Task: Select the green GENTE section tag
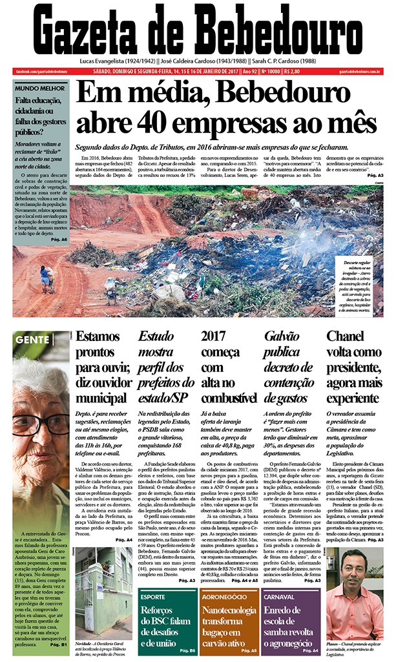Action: click(x=32, y=339)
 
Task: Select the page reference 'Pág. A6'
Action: click(x=59, y=240)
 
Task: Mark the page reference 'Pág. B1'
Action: click(x=59, y=644)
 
